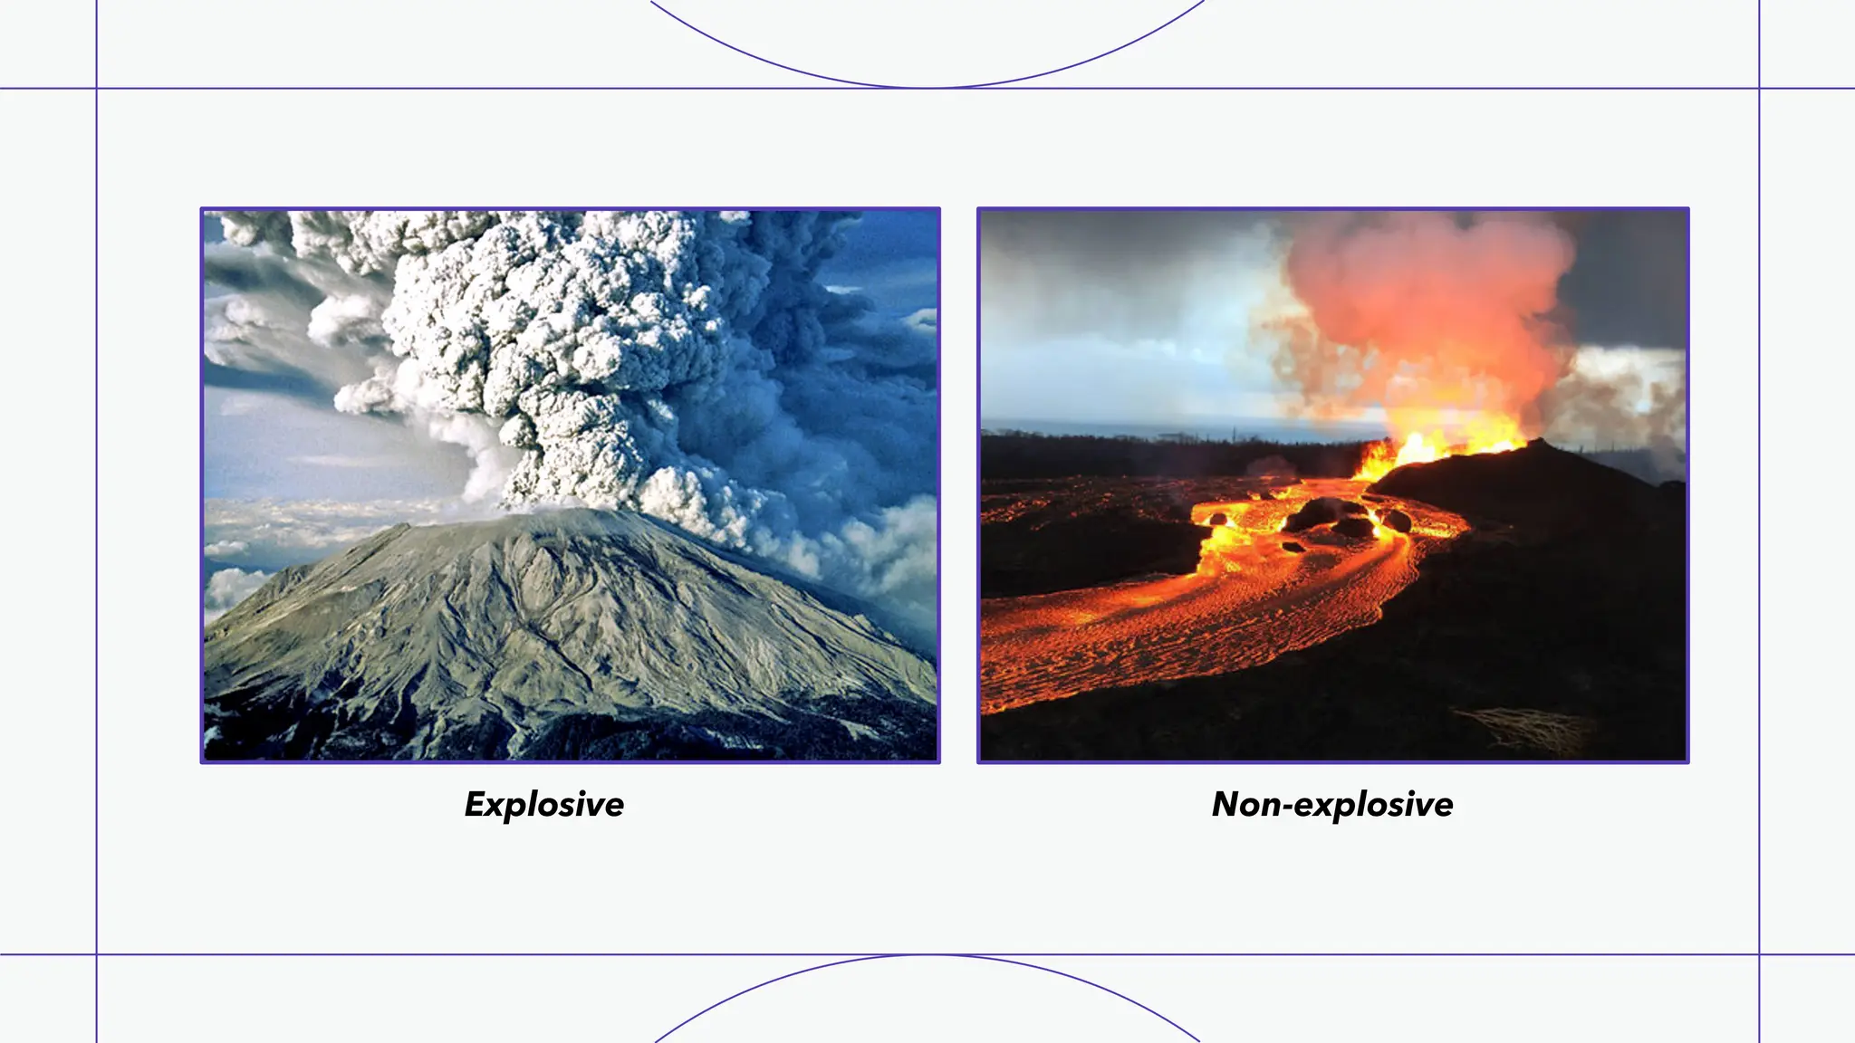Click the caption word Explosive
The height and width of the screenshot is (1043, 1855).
click(543, 804)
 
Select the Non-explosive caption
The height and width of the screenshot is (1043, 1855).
click(1332, 804)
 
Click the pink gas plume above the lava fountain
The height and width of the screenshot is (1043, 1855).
click(1431, 299)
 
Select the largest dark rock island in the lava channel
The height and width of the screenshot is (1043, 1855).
click(1324, 514)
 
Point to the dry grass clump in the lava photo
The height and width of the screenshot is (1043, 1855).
click(1531, 729)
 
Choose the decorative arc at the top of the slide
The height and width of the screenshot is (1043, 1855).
click(927, 86)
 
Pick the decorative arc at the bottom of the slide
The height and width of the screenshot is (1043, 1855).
click(927, 956)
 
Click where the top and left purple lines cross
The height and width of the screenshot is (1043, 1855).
click(96, 89)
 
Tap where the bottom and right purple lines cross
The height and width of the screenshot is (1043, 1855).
click(1759, 954)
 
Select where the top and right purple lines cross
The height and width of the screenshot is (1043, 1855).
click(1759, 89)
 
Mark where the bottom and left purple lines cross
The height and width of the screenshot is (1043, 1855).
click(96, 954)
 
